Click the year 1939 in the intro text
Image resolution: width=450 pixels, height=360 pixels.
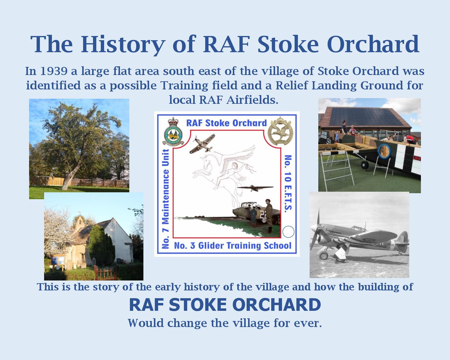(53, 71)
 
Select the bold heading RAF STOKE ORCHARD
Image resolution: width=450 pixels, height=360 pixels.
(225, 305)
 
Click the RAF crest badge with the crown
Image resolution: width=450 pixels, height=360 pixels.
(173, 131)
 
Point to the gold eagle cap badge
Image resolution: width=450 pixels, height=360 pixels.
(280, 131)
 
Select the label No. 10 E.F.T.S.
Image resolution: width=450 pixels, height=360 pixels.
(288, 184)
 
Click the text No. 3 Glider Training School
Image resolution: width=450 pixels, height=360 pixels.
(232, 245)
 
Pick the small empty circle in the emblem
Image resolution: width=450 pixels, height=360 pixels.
(288, 232)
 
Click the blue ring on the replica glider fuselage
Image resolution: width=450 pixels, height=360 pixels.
(384, 151)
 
